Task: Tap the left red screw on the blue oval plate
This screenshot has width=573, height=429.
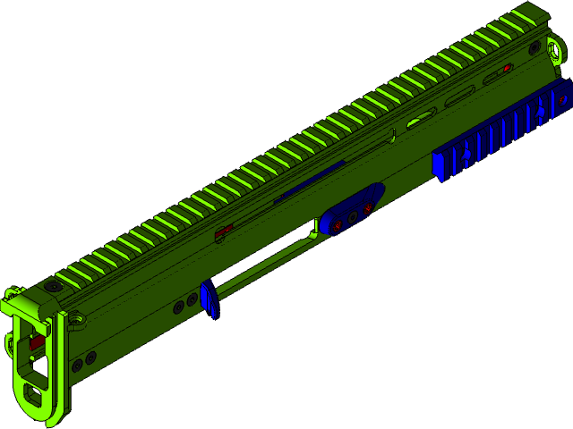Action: pos(338,225)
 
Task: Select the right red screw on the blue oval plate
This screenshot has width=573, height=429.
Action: pos(365,207)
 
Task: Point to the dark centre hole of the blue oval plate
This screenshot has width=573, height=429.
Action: pos(353,216)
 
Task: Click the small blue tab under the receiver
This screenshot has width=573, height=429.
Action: pos(210,299)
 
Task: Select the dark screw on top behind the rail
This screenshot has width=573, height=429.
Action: pos(55,286)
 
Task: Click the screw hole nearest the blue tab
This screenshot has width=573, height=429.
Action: pos(192,299)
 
